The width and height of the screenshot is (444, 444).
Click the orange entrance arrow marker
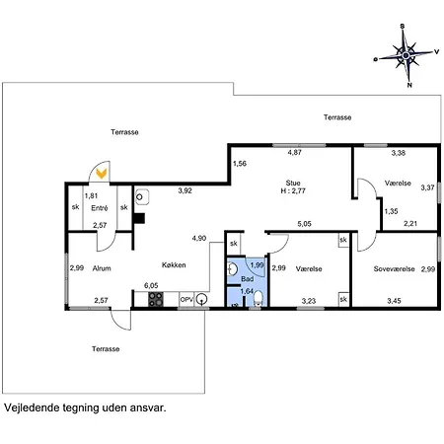[102, 174]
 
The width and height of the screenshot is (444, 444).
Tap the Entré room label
[100, 208]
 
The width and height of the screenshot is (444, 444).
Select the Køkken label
[174, 265]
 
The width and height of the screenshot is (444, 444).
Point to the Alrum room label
[102, 268]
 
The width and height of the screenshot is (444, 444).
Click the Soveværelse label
[394, 269]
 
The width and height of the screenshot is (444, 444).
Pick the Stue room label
[293, 183]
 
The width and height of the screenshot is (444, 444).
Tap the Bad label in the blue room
[248, 279]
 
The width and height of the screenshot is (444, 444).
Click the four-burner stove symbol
[156, 299]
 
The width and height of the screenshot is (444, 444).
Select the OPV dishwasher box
[186, 300]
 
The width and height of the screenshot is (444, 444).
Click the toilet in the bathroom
[259, 298]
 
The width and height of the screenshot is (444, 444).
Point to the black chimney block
[139, 218]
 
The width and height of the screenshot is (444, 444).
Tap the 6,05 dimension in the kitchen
[151, 286]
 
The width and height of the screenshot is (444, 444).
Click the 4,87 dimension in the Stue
[295, 153]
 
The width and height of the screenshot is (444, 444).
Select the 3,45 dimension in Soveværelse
[394, 301]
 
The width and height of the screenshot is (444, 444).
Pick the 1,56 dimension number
[240, 164]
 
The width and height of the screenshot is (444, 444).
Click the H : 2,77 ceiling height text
[293, 190]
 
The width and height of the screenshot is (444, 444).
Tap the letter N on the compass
[409, 85]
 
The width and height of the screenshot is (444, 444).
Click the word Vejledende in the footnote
[31, 407]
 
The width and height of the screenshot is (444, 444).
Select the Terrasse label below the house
[106, 349]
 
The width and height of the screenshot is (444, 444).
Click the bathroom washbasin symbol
[233, 269]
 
